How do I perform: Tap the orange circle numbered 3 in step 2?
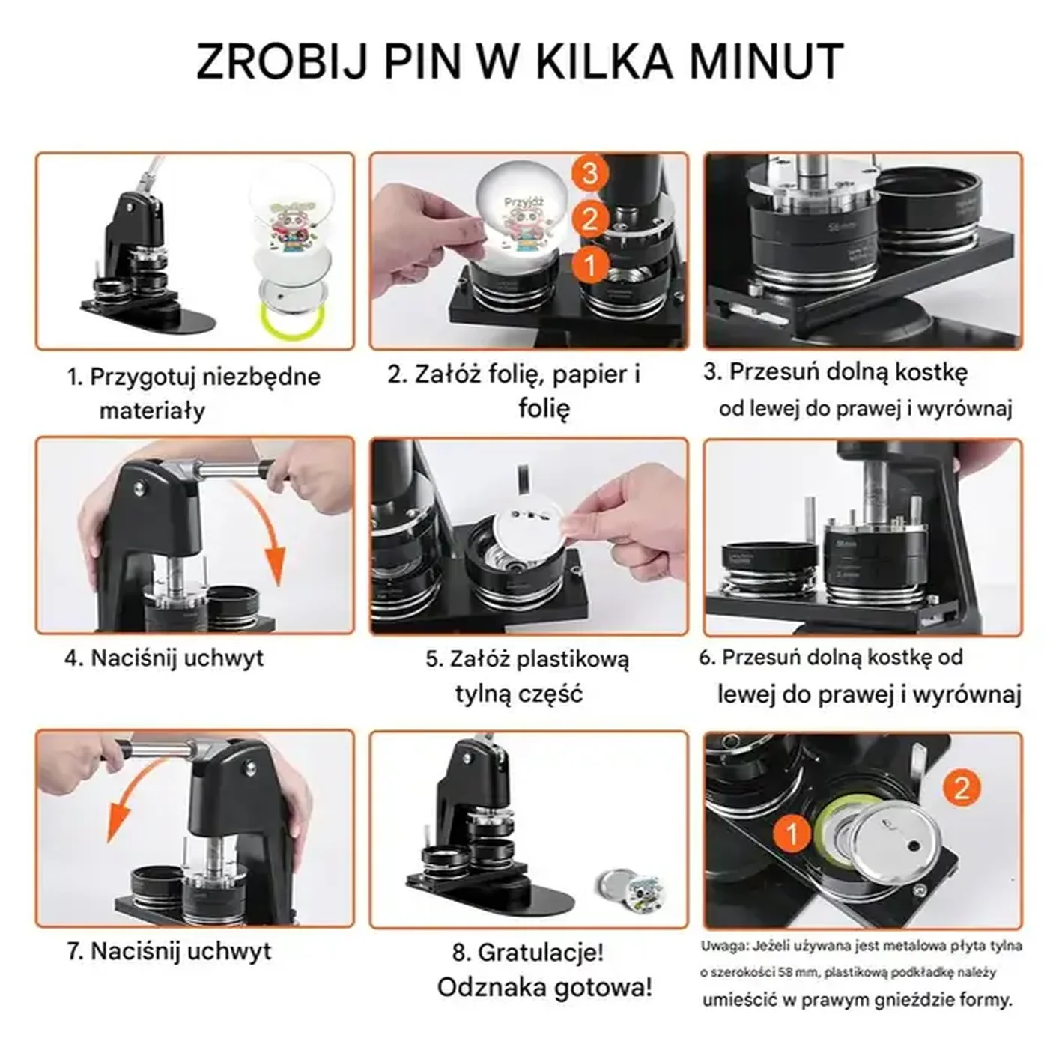click(590, 173)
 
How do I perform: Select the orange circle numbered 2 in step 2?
click(590, 219)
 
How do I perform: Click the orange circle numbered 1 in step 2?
click(590, 265)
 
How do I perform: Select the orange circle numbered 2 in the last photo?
click(962, 788)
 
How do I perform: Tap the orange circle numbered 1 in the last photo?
click(792, 832)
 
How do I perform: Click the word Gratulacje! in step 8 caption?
click(540, 953)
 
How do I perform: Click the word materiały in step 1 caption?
click(152, 411)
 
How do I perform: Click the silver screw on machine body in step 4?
click(139, 488)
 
